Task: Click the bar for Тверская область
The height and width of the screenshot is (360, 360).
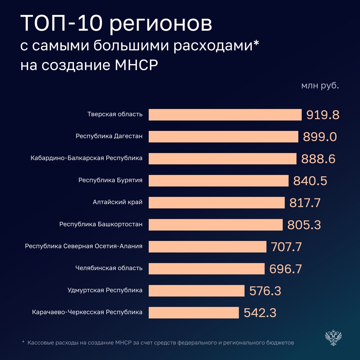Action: coord(225,115)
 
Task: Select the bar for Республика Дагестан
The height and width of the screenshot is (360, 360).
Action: coord(223,137)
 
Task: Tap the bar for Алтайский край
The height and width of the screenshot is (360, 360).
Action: coord(217,203)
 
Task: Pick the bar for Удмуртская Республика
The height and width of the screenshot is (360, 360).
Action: coord(197,291)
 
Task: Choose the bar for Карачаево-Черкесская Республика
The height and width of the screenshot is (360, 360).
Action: coord(194,313)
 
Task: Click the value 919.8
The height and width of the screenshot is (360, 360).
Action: coord(323,115)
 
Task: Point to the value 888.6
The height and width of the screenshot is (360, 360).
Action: coord(318,159)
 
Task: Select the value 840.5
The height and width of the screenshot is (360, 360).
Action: coord(310,181)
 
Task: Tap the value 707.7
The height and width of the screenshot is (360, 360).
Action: coord(286,247)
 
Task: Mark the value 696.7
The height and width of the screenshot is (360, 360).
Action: coord(285,269)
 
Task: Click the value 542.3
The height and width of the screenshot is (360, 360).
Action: coord(260,313)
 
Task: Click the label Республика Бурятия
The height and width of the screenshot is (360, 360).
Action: coord(110,180)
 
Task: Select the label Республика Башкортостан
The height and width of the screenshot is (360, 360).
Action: coord(101,224)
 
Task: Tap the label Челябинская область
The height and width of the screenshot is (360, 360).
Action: coord(109,268)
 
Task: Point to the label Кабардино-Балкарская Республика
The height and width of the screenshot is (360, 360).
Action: coord(86,158)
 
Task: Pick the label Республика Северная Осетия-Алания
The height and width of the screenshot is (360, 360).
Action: coord(84,246)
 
